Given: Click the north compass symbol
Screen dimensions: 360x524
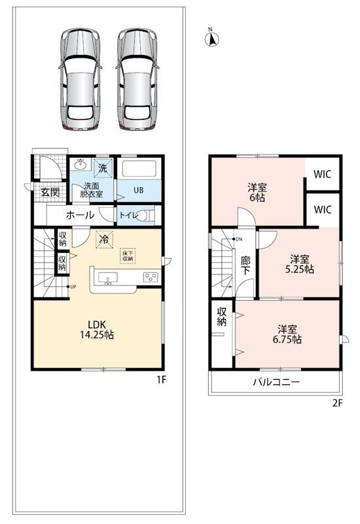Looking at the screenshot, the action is tap(211, 39).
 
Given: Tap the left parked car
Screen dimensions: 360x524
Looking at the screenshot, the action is tap(80, 79).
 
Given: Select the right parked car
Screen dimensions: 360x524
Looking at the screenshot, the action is tap(137, 79).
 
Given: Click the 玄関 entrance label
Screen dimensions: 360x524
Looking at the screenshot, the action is tap(50, 192).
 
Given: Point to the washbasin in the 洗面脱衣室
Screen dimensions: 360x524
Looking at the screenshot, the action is tap(81, 164).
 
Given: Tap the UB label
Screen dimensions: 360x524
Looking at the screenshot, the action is tap(139, 190).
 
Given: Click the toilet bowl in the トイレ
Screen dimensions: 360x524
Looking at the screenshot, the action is tap(147, 215).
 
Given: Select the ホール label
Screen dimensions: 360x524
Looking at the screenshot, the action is tap(80, 215).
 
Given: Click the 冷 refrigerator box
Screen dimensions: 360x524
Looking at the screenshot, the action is tap(105, 239).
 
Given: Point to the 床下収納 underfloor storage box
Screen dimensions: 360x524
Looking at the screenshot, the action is tap(128, 255).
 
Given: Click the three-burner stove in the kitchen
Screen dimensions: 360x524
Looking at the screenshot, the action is tap(151, 277).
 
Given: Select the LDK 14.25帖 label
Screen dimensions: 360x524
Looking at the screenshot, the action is tap(97, 329).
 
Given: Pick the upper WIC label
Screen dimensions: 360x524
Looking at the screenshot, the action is tap(323, 174).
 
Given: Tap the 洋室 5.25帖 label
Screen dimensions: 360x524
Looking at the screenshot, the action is tap(300, 264).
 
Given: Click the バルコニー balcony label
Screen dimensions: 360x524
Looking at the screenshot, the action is tap(276, 382).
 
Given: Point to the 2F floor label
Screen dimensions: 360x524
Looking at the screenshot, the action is tap(337, 403).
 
